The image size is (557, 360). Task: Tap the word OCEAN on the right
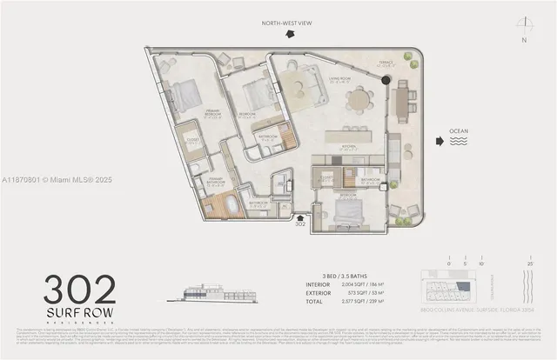pyautogui.click(x=458, y=132)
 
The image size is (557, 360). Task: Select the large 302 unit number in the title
pyautogui.click(x=80, y=287)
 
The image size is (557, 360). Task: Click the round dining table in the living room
pyautogui.click(x=359, y=101)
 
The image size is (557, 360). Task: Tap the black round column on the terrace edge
pyautogui.click(x=386, y=80)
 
